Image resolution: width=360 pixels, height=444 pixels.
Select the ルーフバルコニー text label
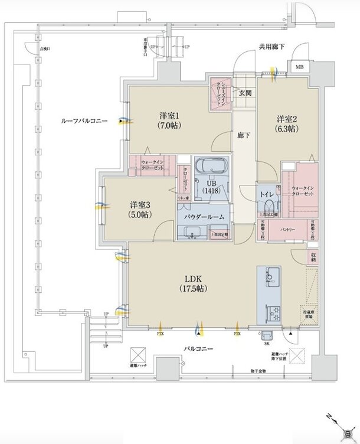(84, 120)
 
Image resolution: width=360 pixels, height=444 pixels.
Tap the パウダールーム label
(204, 217)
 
